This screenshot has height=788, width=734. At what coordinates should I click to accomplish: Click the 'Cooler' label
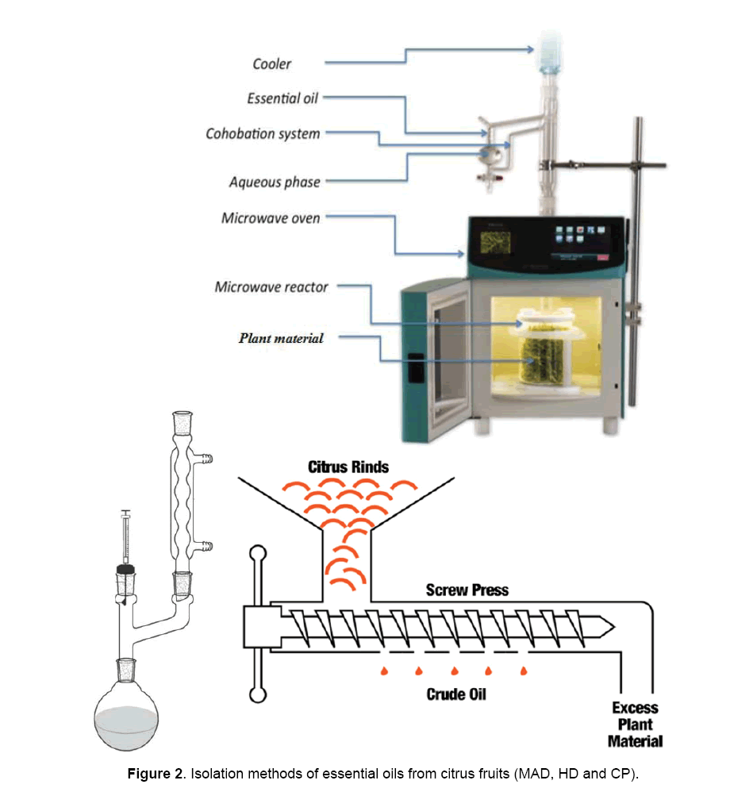271,64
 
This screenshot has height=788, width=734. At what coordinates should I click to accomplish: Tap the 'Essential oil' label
282,98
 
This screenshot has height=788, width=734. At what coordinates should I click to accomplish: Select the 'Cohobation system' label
263,133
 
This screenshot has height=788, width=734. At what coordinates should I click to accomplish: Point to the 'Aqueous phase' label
275,182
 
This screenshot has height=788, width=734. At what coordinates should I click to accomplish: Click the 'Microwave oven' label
271,217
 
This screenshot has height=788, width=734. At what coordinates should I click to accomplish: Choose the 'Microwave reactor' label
271,286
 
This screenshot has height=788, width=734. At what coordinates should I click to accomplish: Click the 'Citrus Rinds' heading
348,466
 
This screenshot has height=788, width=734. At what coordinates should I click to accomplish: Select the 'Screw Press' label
467,590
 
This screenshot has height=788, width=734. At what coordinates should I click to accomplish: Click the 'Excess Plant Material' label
635,725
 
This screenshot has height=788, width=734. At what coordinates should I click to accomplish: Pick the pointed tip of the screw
627,626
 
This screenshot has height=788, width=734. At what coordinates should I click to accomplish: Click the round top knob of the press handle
257,553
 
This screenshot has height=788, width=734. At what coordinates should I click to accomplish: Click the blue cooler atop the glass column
550,48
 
